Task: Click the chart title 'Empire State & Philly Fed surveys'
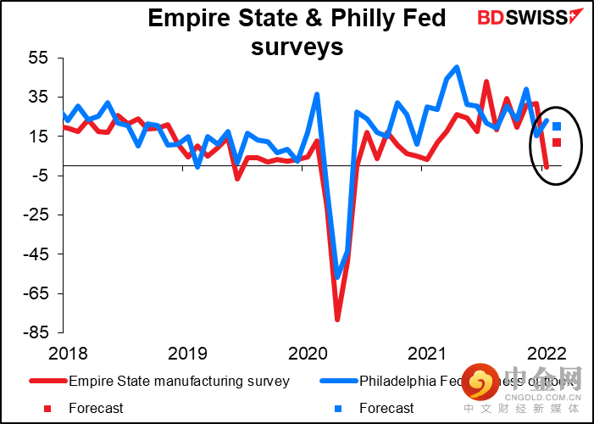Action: tap(297, 31)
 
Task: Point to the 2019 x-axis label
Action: tap(185, 352)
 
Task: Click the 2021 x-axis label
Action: tap(426, 352)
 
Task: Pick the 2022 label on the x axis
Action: tap(547, 352)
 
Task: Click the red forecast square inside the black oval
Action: tap(557, 142)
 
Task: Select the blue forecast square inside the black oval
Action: tap(557, 126)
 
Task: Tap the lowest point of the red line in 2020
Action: tap(337, 320)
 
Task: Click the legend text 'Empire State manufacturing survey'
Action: tap(179, 381)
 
